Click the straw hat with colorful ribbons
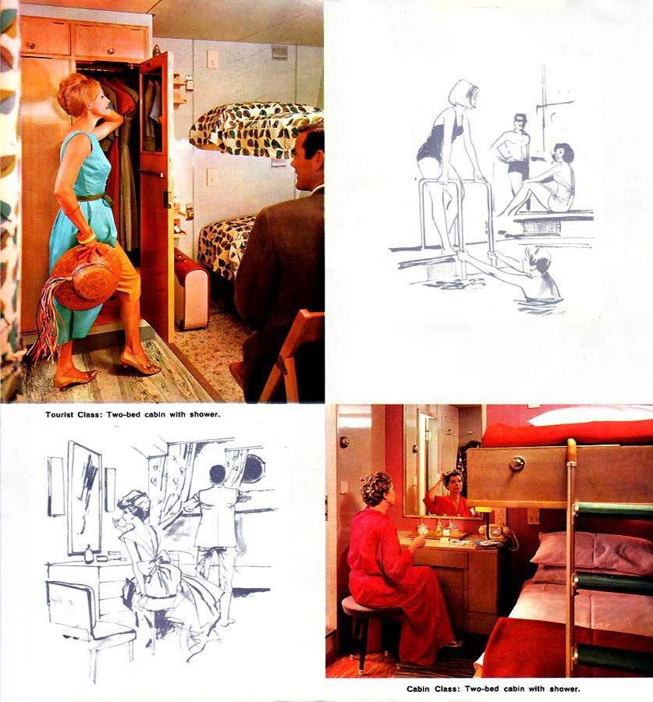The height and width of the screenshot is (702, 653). coord(85,277)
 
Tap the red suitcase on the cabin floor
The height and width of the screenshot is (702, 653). coord(191,289)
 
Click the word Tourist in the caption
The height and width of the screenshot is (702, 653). coord(60,415)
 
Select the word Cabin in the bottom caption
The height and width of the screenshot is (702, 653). coord(419,689)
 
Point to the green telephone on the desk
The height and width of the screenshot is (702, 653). coord(497,532)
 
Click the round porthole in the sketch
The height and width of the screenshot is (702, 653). coord(253,470)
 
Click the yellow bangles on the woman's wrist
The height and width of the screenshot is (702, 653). coord(86,236)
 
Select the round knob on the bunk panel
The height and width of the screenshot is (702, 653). coord(516,463)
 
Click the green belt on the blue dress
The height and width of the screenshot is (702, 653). coord(95,197)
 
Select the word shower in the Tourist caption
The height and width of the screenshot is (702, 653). coord(204,415)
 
